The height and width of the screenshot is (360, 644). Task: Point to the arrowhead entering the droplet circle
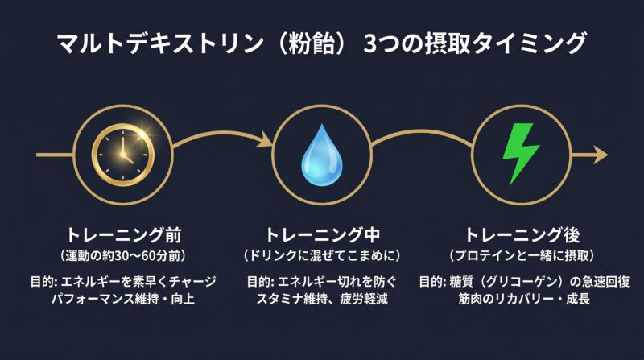point(263,144)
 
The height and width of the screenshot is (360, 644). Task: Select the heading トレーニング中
point(322,236)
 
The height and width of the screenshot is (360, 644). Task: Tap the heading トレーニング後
point(521,236)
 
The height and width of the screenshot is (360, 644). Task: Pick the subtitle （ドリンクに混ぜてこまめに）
point(322,255)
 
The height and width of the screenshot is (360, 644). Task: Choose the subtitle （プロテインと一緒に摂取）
point(521,255)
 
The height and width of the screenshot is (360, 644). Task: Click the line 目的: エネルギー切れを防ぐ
point(322,282)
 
